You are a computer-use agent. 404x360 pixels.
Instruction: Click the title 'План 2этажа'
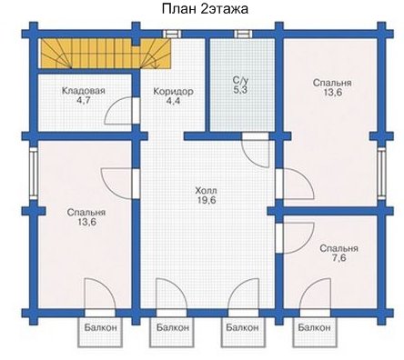[x=205, y=9]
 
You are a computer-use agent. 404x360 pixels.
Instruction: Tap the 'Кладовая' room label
[x=84, y=91]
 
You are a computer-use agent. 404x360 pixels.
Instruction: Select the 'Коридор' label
[x=173, y=91]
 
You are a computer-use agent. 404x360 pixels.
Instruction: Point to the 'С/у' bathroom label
[x=240, y=80]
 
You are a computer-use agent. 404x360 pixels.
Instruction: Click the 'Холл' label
[x=206, y=191]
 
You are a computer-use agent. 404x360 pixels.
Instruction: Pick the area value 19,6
[x=206, y=201]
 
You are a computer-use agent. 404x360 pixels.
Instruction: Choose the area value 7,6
[x=339, y=258]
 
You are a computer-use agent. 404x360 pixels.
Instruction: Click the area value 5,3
[x=241, y=90]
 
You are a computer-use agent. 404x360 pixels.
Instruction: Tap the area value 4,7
[x=84, y=100]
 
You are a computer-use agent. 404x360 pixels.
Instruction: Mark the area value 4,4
[x=173, y=101]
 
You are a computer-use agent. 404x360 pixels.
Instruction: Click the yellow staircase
[x=106, y=54]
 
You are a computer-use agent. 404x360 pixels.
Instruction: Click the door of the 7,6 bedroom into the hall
[x=298, y=237]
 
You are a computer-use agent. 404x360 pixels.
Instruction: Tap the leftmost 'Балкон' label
[x=100, y=327]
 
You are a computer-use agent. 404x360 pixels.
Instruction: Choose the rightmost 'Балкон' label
[x=314, y=327]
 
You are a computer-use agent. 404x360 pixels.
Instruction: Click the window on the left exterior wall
[x=34, y=173]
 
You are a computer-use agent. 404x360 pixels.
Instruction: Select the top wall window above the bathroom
[x=244, y=34]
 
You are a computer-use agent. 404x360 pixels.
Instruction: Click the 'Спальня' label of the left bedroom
[x=86, y=212]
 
